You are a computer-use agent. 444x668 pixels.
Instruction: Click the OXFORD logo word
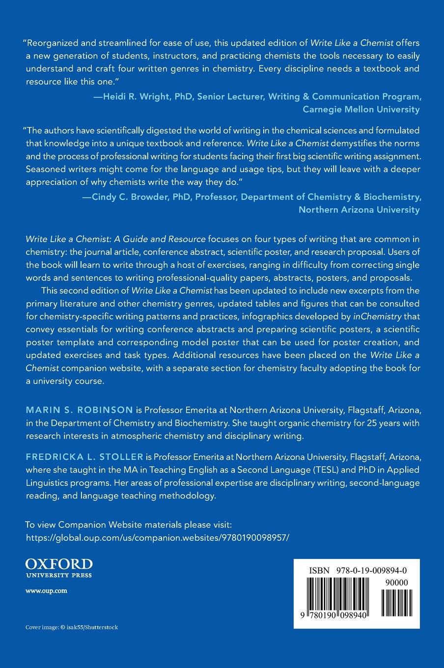58,563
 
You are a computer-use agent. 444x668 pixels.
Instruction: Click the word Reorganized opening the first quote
54,43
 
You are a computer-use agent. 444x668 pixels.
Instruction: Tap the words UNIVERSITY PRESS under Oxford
58,574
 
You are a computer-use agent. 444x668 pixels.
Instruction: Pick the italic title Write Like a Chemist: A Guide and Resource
115,239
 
